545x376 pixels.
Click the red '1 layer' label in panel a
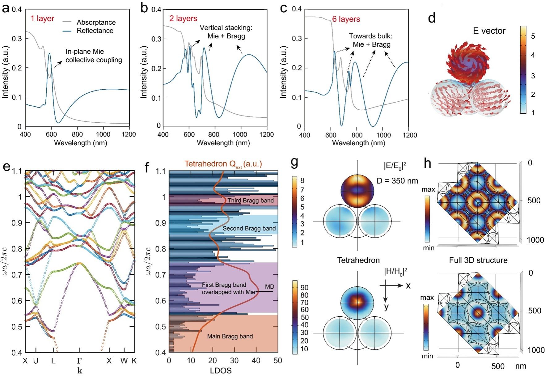coord(42,19)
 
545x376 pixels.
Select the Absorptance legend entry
coord(96,22)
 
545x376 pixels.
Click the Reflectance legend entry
coord(95,31)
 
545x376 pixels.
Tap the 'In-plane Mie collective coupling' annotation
coord(94,56)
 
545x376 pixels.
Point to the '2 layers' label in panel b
coord(183,19)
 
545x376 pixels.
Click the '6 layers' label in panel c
coord(346,19)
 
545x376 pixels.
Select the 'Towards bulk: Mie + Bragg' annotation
coord(371,40)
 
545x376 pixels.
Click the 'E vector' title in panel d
coord(489,31)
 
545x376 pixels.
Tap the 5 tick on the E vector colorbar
coord(533,36)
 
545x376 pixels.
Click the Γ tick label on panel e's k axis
coord(79,361)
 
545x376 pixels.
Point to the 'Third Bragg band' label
coord(251,201)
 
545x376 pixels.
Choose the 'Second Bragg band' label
coord(249,228)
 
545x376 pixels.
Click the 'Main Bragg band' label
coord(230,336)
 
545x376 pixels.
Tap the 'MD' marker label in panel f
coord(269,287)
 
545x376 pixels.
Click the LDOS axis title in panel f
coord(221,370)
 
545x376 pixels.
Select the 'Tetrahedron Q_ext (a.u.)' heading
coord(223,164)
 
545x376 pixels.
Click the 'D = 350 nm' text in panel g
coord(397,181)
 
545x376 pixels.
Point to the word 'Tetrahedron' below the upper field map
coord(358,260)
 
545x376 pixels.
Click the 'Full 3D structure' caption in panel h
coord(478,260)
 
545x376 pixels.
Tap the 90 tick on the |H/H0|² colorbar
coord(304,287)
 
